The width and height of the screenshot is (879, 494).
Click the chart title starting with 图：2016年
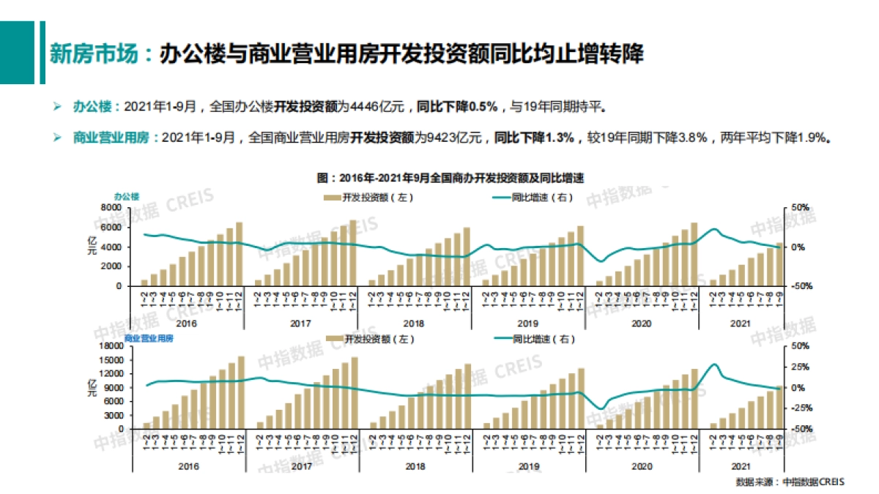454,178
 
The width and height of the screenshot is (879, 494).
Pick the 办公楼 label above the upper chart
126,196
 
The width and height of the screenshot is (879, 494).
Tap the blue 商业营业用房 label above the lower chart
149,340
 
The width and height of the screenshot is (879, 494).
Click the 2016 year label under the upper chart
188,323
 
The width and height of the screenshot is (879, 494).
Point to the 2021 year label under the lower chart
741,466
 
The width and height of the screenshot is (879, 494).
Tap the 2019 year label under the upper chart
528,323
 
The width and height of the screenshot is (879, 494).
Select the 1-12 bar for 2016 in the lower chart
241,392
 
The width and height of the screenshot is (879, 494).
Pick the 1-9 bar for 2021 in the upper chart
779,264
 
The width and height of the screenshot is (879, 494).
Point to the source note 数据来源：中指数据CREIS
790,482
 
